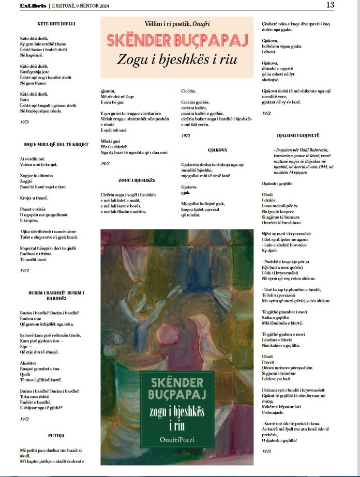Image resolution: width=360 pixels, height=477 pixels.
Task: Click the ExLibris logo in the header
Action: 33,6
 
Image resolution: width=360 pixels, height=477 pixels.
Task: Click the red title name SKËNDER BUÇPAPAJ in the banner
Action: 173,40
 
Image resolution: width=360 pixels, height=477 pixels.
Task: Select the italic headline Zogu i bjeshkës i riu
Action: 173,59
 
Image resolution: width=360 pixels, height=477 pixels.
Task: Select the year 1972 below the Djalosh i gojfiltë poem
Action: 266,451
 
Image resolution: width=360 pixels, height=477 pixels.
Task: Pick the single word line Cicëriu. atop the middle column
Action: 189,91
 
